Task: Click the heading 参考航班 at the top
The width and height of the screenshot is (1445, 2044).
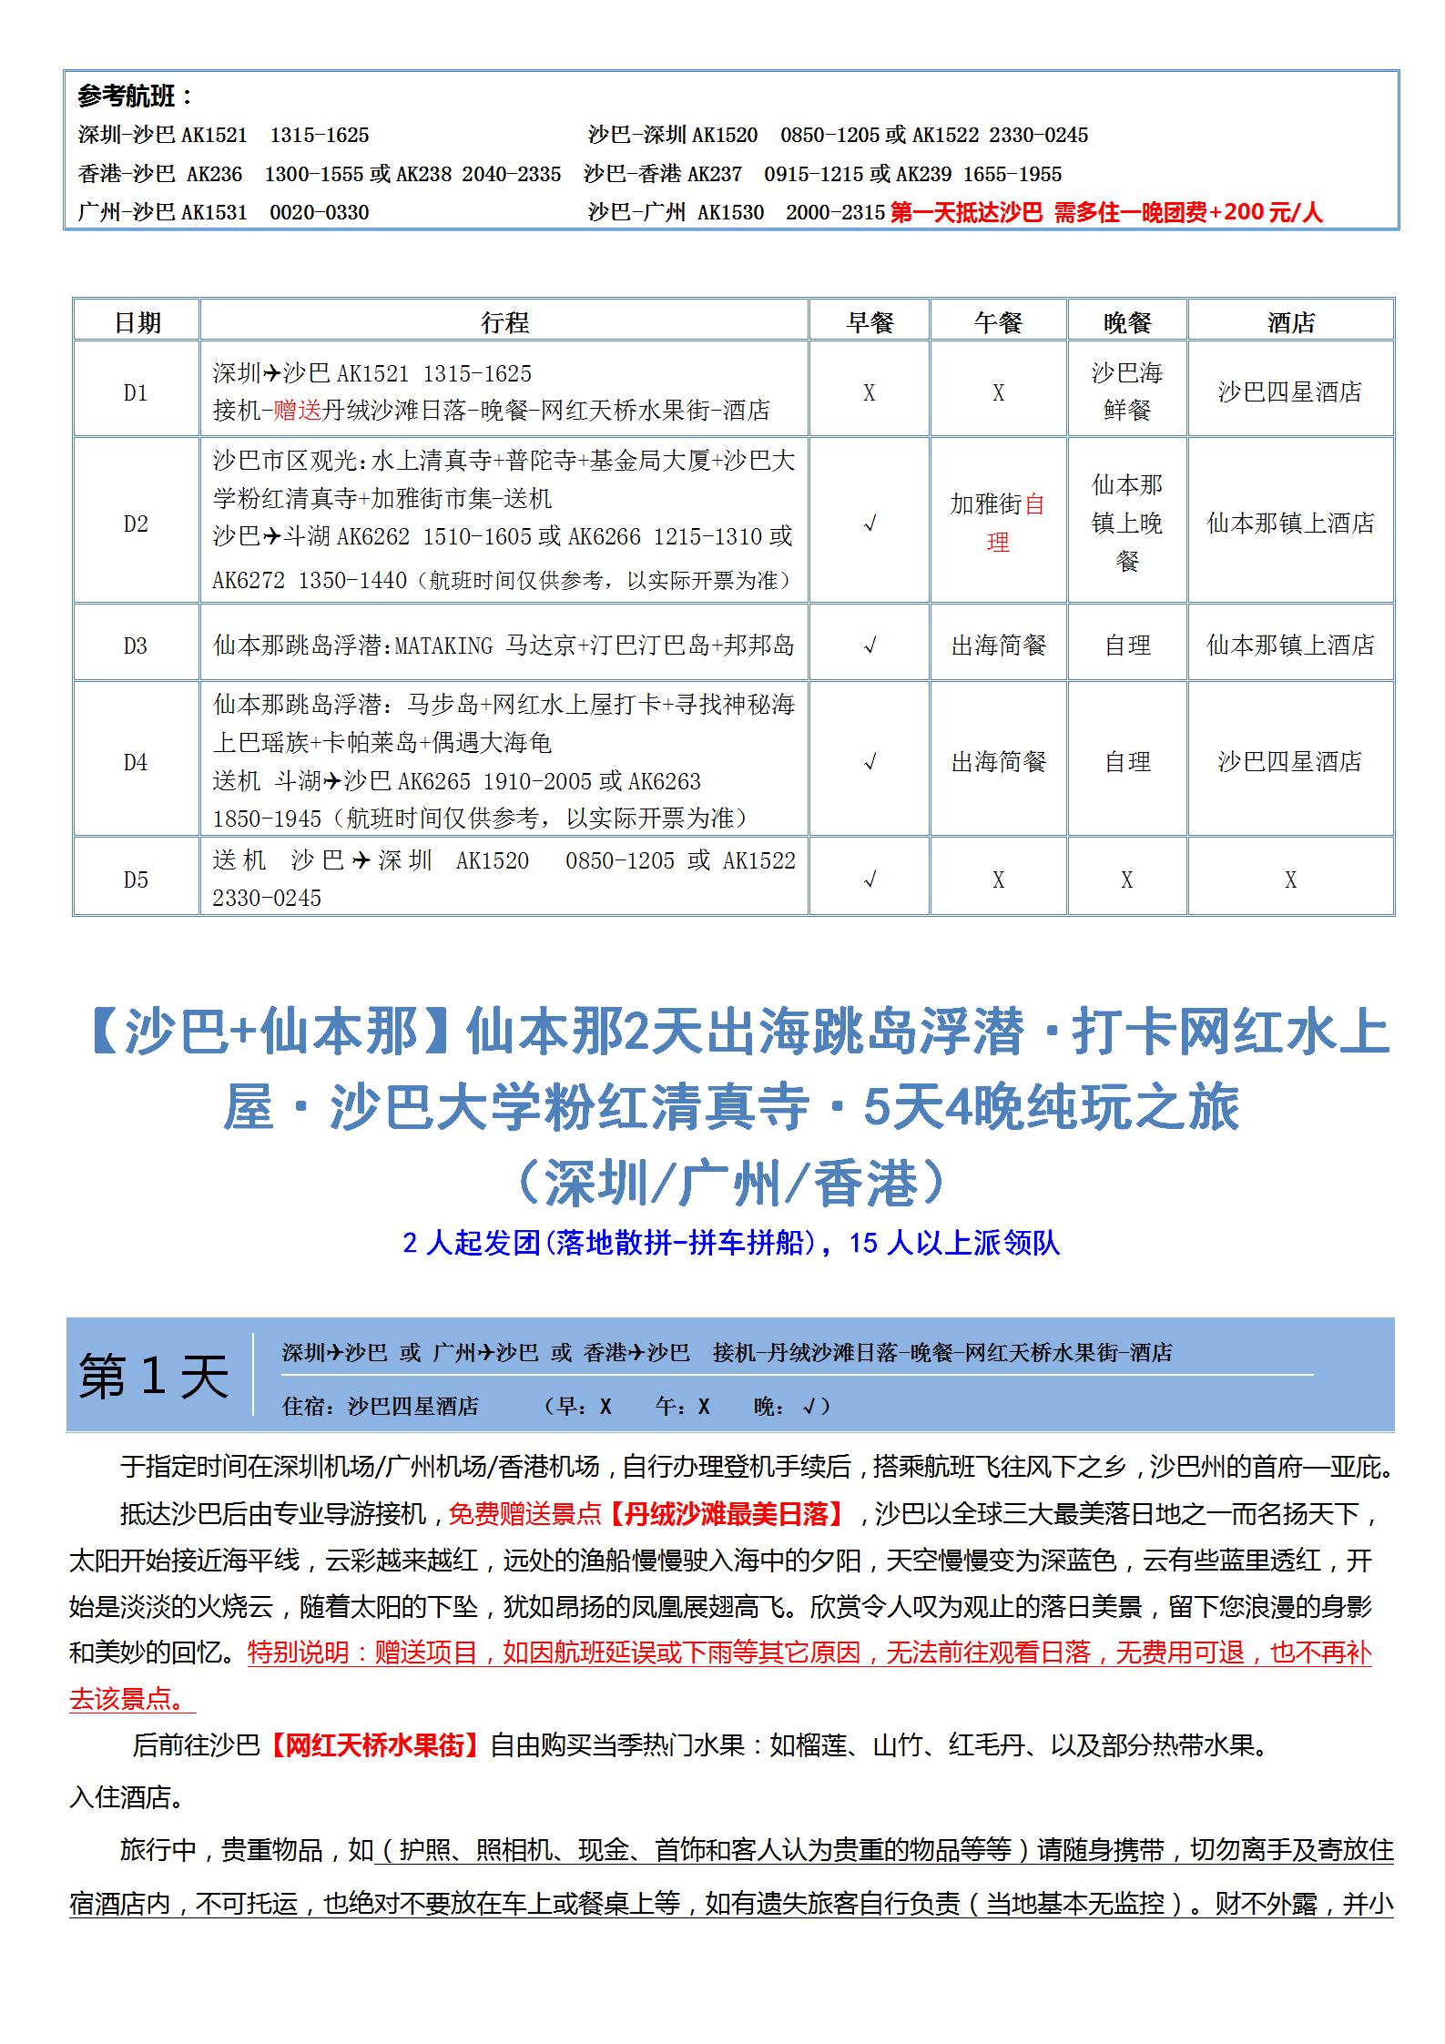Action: click(136, 97)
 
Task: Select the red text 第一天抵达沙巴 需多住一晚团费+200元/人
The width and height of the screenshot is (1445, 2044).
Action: click(1105, 213)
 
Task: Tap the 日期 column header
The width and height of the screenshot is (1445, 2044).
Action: click(137, 322)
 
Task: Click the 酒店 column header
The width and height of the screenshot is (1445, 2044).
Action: click(1290, 322)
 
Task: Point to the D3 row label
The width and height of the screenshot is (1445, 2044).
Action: click(136, 646)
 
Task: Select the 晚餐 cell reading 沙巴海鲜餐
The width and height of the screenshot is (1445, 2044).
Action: click(1126, 392)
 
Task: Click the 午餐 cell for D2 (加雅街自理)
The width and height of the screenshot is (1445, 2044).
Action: click(998, 523)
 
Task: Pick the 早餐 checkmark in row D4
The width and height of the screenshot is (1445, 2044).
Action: click(870, 762)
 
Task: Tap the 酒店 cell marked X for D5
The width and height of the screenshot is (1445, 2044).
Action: click(1290, 880)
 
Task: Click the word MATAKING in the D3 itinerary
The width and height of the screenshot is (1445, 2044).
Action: click(445, 646)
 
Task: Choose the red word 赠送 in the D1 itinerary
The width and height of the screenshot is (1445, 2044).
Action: click(298, 411)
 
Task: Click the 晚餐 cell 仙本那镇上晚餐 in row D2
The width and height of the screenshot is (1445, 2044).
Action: click(1126, 523)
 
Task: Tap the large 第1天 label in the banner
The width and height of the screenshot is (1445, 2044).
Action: click(153, 1375)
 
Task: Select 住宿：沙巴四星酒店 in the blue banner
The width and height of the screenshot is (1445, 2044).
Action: click(380, 1407)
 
